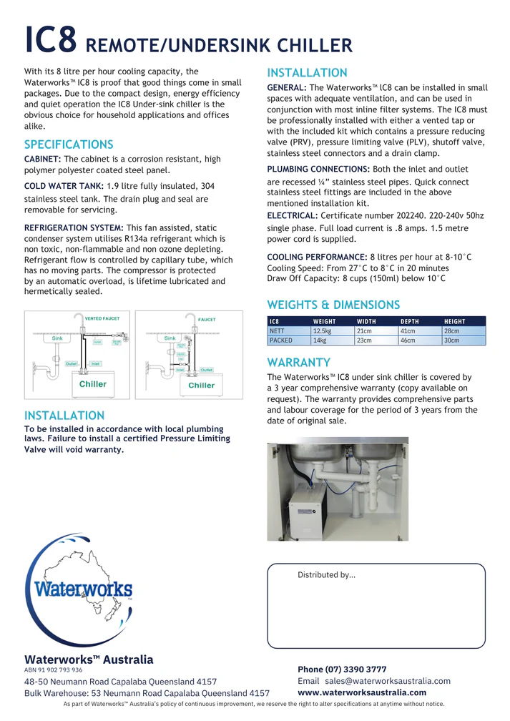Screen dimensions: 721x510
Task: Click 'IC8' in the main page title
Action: click(x=50, y=41)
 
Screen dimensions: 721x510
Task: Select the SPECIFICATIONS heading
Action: click(x=69, y=144)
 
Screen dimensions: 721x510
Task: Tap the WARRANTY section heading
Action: click(x=298, y=362)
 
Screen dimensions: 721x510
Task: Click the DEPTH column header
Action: click(x=410, y=322)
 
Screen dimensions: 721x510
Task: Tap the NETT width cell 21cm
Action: click(x=364, y=331)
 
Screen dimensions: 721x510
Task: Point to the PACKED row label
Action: click(x=281, y=340)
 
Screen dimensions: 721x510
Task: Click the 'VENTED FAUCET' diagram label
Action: click(x=102, y=318)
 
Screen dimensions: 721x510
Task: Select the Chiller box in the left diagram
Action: click(x=92, y=384)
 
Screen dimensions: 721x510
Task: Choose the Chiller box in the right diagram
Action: click(x=201, y=385)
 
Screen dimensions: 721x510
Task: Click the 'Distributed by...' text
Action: click(x=326, y=574)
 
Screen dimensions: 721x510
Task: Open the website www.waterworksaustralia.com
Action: click(x=362, y=692)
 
